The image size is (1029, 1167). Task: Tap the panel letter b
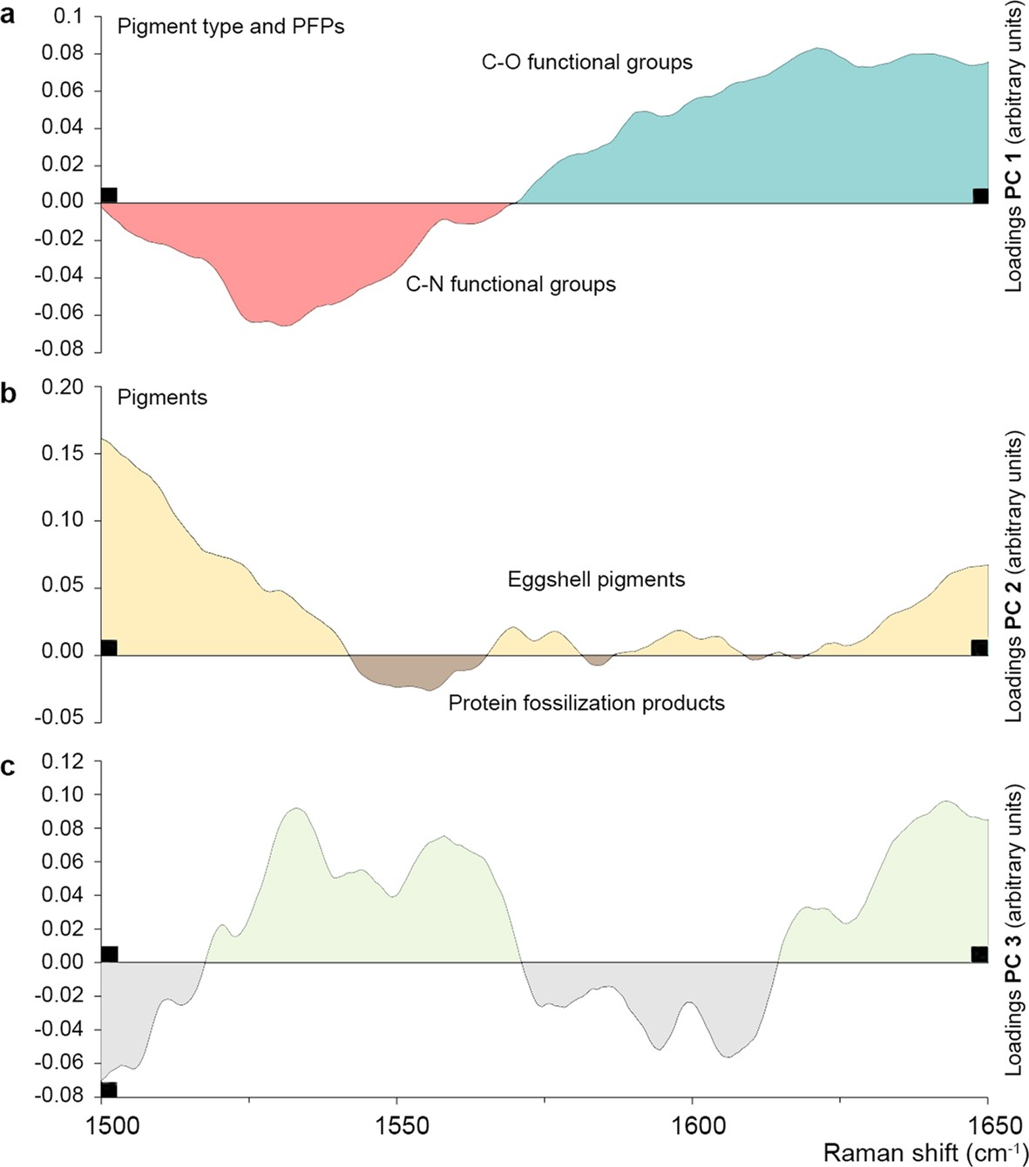tap(9, 393)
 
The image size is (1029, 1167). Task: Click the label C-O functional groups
tap(586, 63)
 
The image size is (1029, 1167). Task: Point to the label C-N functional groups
tap(511, 285)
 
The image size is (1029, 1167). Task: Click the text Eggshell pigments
tap(596, 580)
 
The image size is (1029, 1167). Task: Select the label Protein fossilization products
tap(586, 704)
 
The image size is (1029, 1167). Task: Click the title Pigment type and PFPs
tap(231, 27)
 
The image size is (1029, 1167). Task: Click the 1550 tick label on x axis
tap(397, 1126)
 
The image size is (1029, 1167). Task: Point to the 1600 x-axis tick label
tap(694, 1126)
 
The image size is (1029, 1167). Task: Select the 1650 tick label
tap(987, 1126)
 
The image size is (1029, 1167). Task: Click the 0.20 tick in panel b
tap(62, 388)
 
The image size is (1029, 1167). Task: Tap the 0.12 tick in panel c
tap(62, 762)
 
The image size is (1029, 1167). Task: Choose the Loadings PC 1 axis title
tap(1013, 146)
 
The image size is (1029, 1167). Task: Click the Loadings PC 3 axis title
tap(1013, 930)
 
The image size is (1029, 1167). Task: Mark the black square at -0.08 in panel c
tap(109, 1089)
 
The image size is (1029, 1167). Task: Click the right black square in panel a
tap(980, 195)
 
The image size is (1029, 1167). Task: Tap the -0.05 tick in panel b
tap(59, 718)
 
